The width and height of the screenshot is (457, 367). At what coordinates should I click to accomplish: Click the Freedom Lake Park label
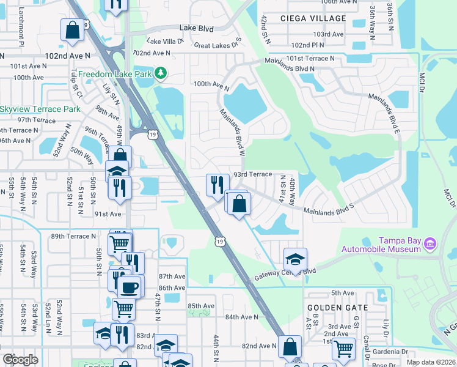(122, 74)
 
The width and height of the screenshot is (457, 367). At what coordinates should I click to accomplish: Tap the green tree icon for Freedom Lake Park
(161, 73)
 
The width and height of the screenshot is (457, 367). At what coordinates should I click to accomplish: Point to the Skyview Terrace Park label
(40, 109)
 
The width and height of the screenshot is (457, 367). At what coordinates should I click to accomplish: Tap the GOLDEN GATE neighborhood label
(337, 308)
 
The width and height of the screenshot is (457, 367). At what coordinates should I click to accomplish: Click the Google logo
(21, 360)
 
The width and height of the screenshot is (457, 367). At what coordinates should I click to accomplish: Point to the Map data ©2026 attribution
(431, 362)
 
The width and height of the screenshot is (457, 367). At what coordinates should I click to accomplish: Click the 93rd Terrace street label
(254, 174)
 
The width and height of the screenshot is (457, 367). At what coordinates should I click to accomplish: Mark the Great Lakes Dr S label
(218, 45)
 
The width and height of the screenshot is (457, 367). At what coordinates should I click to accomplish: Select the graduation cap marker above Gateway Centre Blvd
(295, 258)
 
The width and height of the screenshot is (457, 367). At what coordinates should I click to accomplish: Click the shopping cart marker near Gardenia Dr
(344, 348)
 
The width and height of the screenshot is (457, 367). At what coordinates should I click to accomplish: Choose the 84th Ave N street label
(242, 317)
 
